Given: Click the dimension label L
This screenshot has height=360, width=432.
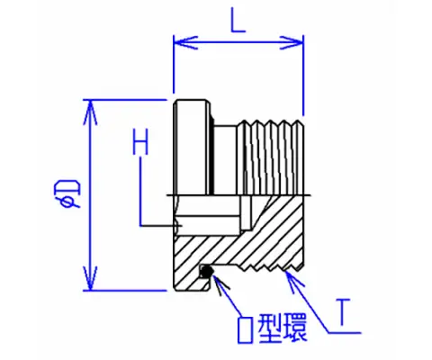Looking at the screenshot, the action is click(x=238, y=20).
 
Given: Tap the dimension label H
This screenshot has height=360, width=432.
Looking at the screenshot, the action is click(x=140, y=142).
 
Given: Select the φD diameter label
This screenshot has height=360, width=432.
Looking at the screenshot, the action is click(x=71, y=193).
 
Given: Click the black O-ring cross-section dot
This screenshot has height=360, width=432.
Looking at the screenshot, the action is click(x=206, y=272).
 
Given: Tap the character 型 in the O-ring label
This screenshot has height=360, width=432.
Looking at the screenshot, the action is click(x=269, y=328).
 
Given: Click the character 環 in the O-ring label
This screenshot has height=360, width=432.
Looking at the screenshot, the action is click(x=295, y=328).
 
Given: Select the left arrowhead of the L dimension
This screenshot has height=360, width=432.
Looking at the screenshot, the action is click(x=185, y=42).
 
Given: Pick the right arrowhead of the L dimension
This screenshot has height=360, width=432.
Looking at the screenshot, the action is click(x=292, y=42).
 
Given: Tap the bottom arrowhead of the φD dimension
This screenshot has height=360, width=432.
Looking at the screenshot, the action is click(x=90, y=278).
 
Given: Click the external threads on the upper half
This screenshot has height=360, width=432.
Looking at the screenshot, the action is click(x=271, y=157).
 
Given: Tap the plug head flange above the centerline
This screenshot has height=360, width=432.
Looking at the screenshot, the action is click(x=192, y=148).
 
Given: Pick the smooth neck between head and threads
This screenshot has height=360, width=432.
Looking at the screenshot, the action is click(x=225, y=160).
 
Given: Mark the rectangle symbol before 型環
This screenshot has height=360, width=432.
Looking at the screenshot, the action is click(x=245, y=329).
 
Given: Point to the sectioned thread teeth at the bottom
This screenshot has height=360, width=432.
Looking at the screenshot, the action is click(x=270, y=267).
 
